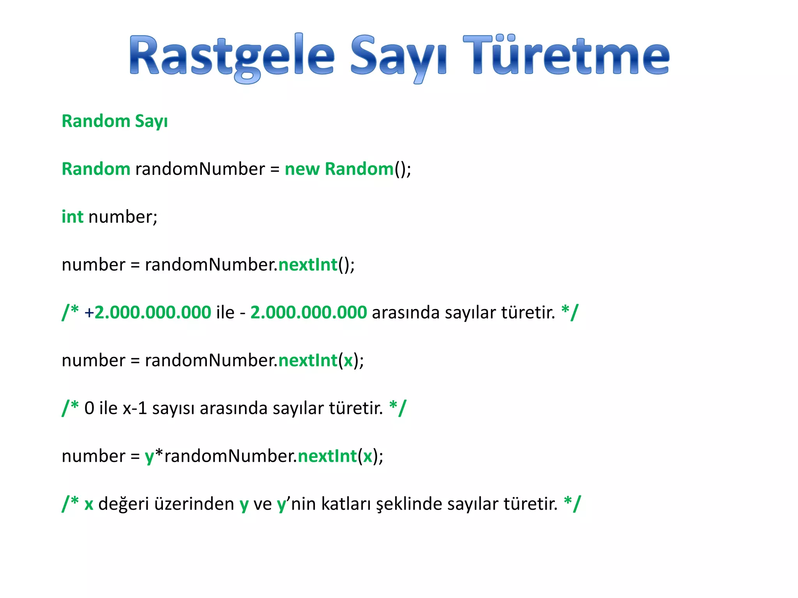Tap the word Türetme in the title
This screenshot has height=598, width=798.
coord(566,55)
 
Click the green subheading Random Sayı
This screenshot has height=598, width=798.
coord(115,121)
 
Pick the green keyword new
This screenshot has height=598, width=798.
coord(302,169)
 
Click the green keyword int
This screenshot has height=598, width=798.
coord(72,217)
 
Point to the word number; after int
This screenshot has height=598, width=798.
coord(123,217)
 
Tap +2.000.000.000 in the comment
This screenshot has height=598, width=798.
coord(148,313)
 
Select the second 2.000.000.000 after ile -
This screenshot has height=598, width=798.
coord(308,313)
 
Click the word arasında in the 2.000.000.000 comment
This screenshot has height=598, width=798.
coord(406,313)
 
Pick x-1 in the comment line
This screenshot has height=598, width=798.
coord(135,408)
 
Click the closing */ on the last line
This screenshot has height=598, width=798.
coord(572,503)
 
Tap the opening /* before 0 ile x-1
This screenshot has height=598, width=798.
coord(71,408)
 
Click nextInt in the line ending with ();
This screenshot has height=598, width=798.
coord(308,265)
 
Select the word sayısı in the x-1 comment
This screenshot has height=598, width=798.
coord(173,408)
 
